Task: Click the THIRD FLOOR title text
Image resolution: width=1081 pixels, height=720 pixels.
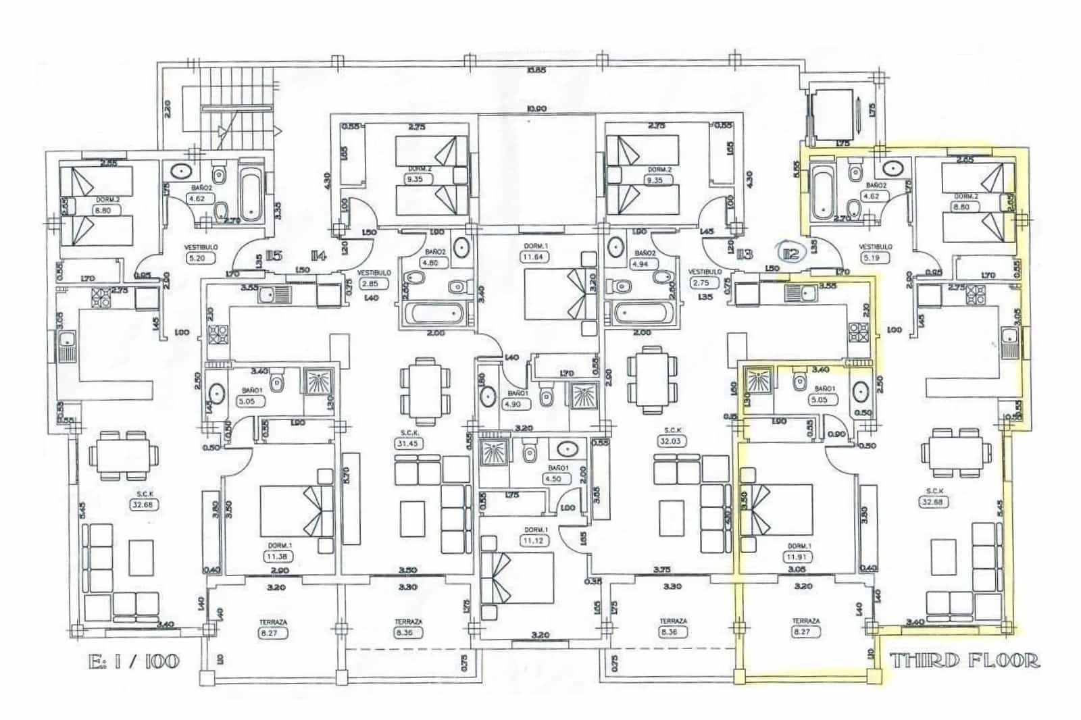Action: [x=964, y=660]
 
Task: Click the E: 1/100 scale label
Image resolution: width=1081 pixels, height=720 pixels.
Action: [x=134, y=660]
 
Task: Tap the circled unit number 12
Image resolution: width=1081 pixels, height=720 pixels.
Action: [x=790, y=254]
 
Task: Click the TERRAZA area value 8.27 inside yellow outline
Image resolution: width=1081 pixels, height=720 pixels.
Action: [x=802, y=633]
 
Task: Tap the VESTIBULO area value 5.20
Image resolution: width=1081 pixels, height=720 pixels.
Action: [x=201, y=258]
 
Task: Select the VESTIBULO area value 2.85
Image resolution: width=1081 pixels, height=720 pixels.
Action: [x=373, y=284]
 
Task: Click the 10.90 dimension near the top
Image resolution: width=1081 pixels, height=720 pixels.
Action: [x=537, y=109]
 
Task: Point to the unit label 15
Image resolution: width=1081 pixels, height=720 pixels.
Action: [x=273, y=255]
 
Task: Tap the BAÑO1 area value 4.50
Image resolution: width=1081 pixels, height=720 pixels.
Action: [x=553, y=479]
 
